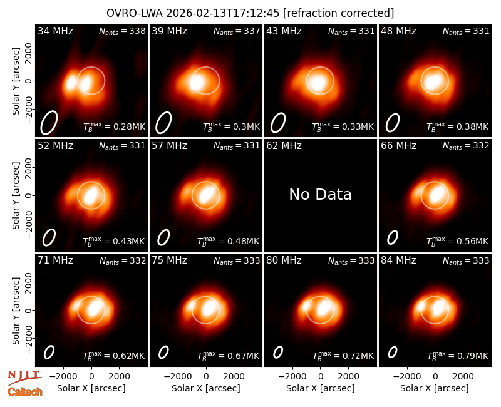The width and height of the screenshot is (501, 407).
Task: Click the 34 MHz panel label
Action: [55, 31]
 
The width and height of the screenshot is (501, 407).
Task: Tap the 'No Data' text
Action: [320, 194]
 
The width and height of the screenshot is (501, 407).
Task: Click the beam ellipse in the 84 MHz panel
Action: [393, 353]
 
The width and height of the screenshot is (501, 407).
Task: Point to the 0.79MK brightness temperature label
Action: [458, 355]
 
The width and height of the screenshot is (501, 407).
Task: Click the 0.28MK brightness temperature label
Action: [115, 126]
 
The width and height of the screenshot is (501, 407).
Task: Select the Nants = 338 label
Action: [122, 31]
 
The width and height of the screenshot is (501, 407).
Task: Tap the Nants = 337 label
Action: [237, 31]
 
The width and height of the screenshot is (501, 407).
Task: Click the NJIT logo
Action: [24, 377]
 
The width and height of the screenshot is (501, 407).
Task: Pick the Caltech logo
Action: [25, 391]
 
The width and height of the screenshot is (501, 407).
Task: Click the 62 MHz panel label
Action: [284, 146]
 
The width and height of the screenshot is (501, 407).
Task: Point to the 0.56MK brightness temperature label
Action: [458, 241]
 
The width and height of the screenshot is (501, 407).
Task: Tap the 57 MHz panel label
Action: [169, 146]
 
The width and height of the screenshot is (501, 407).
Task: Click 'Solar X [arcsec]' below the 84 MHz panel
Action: [435, 388]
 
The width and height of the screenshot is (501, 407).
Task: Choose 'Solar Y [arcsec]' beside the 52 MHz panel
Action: [16, 195]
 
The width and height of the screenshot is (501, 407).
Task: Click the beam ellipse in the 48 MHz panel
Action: [393, 123]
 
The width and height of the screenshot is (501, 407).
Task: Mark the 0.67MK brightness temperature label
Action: [229, 355]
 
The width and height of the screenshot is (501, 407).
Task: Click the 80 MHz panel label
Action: [284, 260]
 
